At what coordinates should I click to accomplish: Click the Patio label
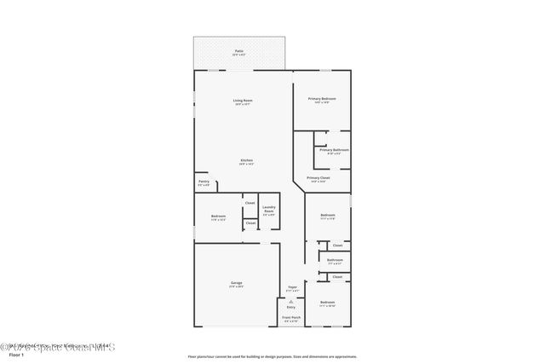click(238, 52)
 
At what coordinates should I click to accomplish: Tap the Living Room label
click(243, 101)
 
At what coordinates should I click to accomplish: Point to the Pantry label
click(204, 182)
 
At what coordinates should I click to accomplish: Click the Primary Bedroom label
click(322, 99)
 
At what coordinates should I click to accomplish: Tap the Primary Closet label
click(318, 178)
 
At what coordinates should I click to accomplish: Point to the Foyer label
click(292, 287)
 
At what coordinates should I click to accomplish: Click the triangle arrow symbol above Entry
click(291, 300)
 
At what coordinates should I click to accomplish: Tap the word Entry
click(291, 307)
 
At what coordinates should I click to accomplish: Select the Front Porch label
click(290, 319)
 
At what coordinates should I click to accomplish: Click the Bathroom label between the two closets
click(335, 260)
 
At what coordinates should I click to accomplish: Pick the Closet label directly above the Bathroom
click(337, 245)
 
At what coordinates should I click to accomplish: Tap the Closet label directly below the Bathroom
click(337, 276)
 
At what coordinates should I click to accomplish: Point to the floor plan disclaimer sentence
click(272, 356)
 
